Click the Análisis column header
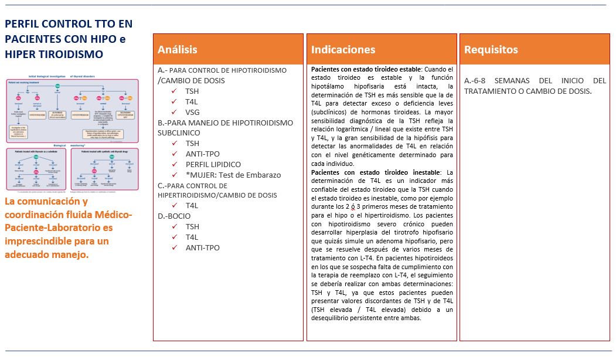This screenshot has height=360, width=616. [x=178, y=50]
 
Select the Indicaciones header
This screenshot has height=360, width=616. [x=343, y=50]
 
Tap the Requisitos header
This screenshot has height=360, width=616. [x=491, y=50]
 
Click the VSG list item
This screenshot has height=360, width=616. [x=193, y=112]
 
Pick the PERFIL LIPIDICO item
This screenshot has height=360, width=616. [x=213, y=164]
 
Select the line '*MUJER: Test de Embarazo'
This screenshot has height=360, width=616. [x=233, y=175]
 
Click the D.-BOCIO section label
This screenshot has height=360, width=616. [x=174, y=216]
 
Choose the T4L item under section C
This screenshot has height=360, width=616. [x=192, y=205]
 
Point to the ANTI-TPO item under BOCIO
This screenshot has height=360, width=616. [x=202, y=247]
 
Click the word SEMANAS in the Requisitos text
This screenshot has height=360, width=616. [x=515, y=80]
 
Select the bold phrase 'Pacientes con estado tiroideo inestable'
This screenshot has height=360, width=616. [x=375, y=172]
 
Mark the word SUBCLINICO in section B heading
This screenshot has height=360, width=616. [x=179, y=133]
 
